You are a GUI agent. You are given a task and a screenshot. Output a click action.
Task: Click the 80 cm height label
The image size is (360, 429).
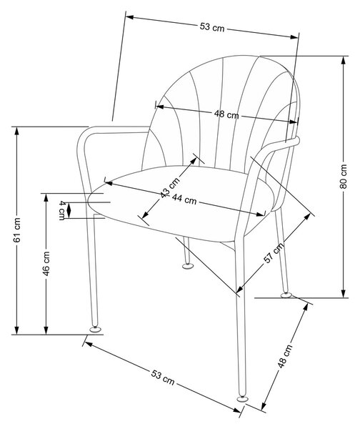(x=344, y=177)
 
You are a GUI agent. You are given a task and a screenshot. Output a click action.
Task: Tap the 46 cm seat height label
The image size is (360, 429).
(x=46, y=263)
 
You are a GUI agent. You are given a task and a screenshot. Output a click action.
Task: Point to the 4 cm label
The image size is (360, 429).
(x=62, y=210)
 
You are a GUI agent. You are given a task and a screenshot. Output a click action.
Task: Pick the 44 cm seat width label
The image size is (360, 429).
(x=184, y=200)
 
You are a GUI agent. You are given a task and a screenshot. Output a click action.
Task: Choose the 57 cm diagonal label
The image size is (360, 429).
(x=274, y=252)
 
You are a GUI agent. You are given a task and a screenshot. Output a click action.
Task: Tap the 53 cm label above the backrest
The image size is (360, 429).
(x=212, y=27)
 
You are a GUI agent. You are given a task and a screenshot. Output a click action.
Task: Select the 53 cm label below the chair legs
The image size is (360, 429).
(x=163, y=378)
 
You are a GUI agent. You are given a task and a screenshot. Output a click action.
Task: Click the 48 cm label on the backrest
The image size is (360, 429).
(x=226, y=114)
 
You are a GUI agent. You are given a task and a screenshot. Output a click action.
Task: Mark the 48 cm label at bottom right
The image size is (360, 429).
(x=284, y=356)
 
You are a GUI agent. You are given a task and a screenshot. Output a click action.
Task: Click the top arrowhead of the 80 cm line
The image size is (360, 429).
(x=344, y=60)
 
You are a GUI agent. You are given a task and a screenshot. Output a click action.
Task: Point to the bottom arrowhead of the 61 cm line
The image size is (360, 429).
(x=17, y=330)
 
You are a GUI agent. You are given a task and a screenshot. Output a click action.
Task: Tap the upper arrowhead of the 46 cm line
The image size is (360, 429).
(x=46, y=197)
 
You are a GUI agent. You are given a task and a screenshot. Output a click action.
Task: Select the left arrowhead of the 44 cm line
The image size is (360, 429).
(x=109, y=183)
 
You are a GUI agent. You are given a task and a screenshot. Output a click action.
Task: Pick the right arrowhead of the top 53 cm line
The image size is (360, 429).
(x=294, y=36)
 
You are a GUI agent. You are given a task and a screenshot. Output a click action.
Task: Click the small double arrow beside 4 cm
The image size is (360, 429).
(x=69, y=210)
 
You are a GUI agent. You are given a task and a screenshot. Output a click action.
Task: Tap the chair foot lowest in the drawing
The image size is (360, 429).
(x=241, y=398)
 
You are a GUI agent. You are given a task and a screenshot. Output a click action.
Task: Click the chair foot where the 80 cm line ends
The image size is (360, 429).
(x=286, y=295)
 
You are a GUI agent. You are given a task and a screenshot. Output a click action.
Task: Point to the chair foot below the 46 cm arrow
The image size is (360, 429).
(x=95, y=330)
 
